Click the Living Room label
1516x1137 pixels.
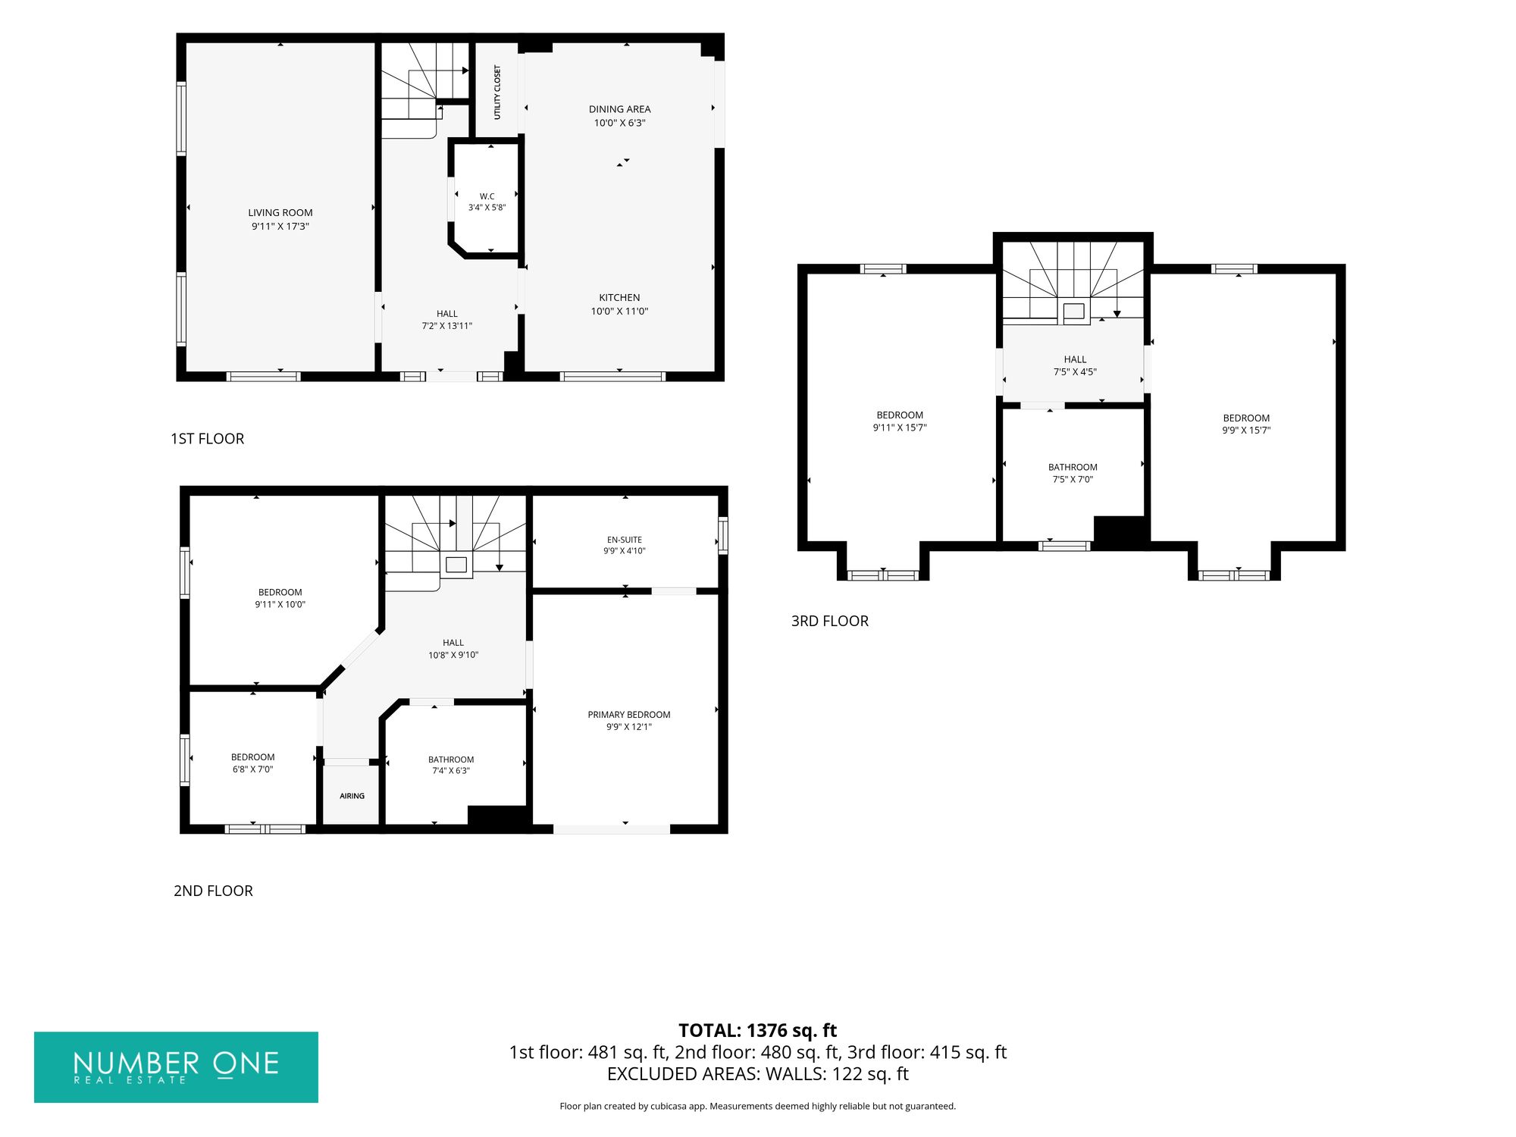pos(280,213)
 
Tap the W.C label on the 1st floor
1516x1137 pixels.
pos(487,196)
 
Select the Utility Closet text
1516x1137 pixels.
pos(497,92)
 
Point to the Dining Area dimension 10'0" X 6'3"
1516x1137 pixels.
pos(619,123)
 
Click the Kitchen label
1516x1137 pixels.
pos(619,298)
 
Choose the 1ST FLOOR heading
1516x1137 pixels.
pos(207,439)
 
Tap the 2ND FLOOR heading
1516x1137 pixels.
pos(213,891)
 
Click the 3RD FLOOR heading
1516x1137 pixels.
pos(830,621)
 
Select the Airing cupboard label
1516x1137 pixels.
pos(352,796)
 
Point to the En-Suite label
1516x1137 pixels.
pos(625,540)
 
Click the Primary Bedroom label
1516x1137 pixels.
pos(629,715)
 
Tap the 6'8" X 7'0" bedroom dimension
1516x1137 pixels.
pos(253,769)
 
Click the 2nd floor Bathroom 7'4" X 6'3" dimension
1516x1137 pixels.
pos(451,771)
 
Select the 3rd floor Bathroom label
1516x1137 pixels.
pos(1073,468)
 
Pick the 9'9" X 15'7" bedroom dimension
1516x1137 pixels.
pos(1246,431)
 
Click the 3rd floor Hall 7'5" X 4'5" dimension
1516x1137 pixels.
pos(1075,372)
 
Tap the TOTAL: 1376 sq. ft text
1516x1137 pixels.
pos(758,1031)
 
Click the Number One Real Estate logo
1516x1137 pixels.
pos(176,1067)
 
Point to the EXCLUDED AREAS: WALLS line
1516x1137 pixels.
pos(758,1074)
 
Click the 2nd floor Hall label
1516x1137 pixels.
pos(453,643)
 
